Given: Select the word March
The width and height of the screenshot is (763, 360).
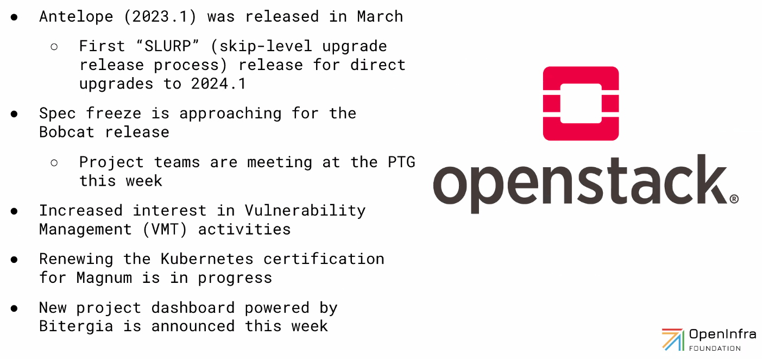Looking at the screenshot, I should [380, 16].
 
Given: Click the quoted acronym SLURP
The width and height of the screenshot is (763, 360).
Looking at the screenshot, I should [165, 46].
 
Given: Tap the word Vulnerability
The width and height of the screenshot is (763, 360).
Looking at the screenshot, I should [305, 210].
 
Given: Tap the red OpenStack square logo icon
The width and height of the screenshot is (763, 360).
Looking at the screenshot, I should [581, 103].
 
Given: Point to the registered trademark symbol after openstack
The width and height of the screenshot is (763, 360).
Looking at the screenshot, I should [734, 199].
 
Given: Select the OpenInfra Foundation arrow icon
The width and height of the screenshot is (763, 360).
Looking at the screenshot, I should [672, 339].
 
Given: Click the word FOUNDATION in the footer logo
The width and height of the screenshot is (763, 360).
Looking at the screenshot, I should [715, 348].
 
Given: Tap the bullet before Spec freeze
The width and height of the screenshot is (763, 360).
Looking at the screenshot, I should [14, 113].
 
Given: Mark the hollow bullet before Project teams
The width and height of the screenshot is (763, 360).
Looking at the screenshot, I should [54, 162].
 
